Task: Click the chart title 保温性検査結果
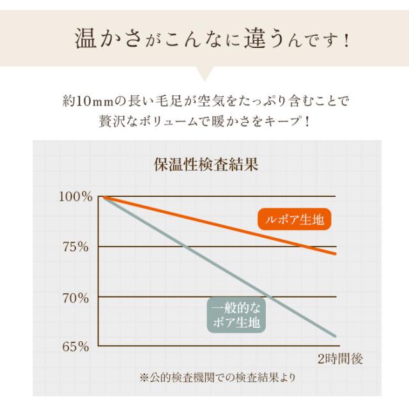204,164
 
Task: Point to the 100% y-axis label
76,196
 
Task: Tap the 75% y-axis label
80,247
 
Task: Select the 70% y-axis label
80,297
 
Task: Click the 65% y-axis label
80,347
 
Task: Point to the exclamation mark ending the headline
346,42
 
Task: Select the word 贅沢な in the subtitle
117,120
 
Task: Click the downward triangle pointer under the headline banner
204,75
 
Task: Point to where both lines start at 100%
103,196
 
